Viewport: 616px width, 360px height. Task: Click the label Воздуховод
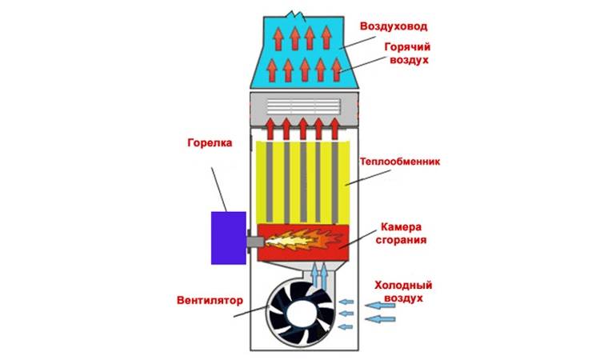click(394, 26)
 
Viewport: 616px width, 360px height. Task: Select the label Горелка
click(210, 142)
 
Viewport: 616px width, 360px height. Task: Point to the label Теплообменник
click(400, 162)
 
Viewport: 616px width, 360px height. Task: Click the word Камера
click(401, 226)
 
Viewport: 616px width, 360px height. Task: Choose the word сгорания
click(401, 240)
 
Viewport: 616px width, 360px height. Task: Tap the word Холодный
click(403, 286)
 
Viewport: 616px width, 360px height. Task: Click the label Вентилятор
click(210, 301)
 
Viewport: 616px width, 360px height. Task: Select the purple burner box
click(229, 238)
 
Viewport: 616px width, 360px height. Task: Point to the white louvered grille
click(304, 106)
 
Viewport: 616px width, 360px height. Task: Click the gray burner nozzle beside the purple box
click(255, 241)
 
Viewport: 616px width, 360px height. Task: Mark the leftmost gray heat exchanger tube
click(270, 182)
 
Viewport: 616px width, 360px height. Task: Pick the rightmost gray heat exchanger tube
click(334, 182)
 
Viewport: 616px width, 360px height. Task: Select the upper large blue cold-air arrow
click(380, 306)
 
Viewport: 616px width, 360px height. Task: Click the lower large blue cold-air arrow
click(380, 318)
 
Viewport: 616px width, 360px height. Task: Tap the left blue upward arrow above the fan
click(314, 276)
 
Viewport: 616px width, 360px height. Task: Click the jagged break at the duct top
click(297, 16)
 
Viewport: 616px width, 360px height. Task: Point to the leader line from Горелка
click(219, 190)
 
